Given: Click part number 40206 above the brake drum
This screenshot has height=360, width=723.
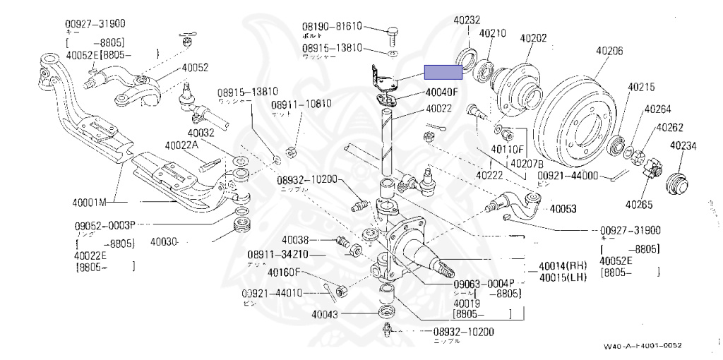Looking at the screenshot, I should [x=609, y=51].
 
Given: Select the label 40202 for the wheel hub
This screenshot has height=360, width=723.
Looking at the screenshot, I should [x=533, y=37].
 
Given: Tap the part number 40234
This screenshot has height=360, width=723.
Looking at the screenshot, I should [x=683, y=146].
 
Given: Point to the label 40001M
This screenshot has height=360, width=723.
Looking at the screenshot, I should [x=89, y=203].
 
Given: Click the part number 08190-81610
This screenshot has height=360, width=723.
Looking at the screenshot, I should [x=331, y=27].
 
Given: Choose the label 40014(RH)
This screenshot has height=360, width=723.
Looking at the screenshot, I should [x=562, y=266].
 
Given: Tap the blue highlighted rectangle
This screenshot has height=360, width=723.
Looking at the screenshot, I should [x=443, y=71].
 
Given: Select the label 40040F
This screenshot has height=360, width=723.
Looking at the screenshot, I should [x=441, y=92].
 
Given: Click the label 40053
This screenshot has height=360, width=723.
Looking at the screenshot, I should [x=563, y=209].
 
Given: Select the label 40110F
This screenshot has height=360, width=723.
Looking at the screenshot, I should [x=507, y=150].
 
